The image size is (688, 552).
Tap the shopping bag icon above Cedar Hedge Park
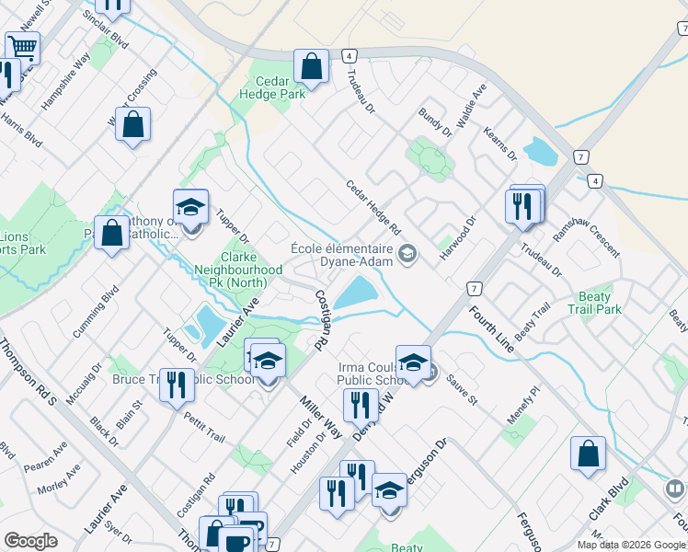coord(312,66)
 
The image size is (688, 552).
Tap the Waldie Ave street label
coord(470,106)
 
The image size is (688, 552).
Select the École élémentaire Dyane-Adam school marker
coord(407,253)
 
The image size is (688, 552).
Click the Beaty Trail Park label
coord(601,303)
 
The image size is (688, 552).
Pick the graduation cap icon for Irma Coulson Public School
coord(413,362)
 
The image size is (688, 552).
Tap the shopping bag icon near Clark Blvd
coord(588,453)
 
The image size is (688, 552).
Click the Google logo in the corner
coord(30,541)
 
